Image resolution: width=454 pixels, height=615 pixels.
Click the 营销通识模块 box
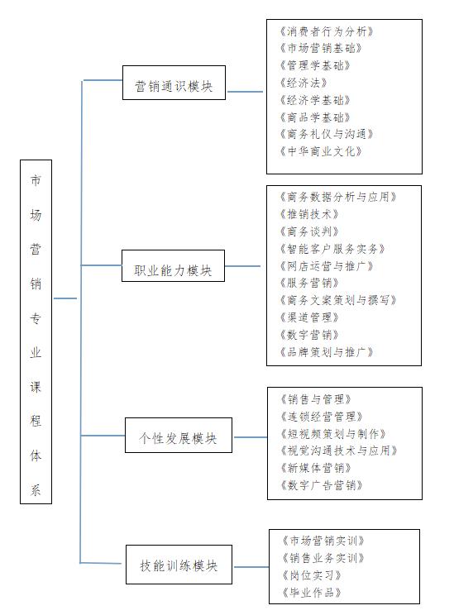coord(174,83)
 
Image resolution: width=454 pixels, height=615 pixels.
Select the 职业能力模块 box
coord(173,265)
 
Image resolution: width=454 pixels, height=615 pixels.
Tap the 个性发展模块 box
coord(179,435)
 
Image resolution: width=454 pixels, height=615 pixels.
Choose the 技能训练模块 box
coord(179,565)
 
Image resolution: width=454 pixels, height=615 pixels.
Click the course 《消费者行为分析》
coord(326,31)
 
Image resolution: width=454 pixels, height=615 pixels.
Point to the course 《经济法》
coord(303,83)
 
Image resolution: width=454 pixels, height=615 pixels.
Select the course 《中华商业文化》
coord(321,151)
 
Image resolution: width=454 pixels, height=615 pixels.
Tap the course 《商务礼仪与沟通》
coord(326,134)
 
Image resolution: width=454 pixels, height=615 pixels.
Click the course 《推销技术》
coord(309,214)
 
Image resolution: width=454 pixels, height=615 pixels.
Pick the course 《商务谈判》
coord(309,231)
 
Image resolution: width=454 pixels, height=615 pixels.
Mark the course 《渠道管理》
coord(309,317)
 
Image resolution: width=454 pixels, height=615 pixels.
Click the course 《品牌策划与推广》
coord(326,352)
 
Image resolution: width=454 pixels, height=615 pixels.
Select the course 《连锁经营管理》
coord(322,416)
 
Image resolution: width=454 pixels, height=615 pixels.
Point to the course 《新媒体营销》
coord(316,468)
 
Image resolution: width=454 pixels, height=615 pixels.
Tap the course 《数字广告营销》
coord(322,485)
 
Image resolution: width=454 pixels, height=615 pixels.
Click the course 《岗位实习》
coord(312,575)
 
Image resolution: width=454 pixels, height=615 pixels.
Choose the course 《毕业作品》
coord(312,592)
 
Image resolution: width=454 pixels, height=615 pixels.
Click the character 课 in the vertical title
coord(36,387)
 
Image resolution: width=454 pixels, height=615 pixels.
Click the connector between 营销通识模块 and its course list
coord(246,92)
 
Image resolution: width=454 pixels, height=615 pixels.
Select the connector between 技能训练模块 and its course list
coord(251,567)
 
